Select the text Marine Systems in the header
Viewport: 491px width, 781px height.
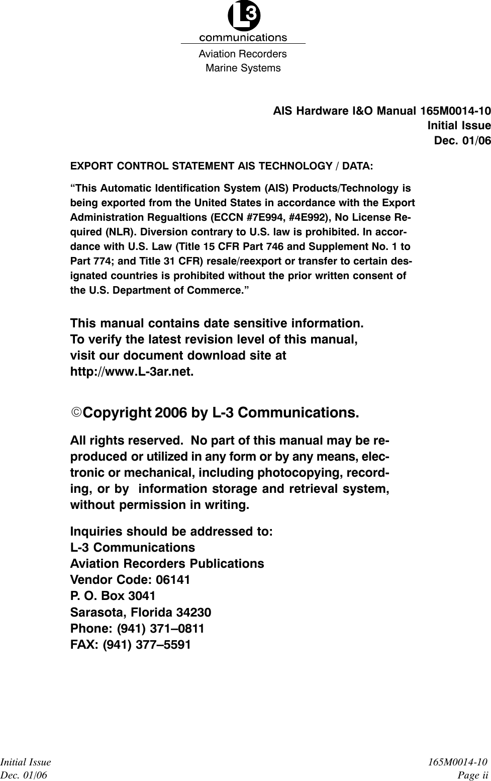click(243, 68)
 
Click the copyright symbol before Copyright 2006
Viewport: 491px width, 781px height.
click(75, 413)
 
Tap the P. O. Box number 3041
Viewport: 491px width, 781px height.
click(142, 596)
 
